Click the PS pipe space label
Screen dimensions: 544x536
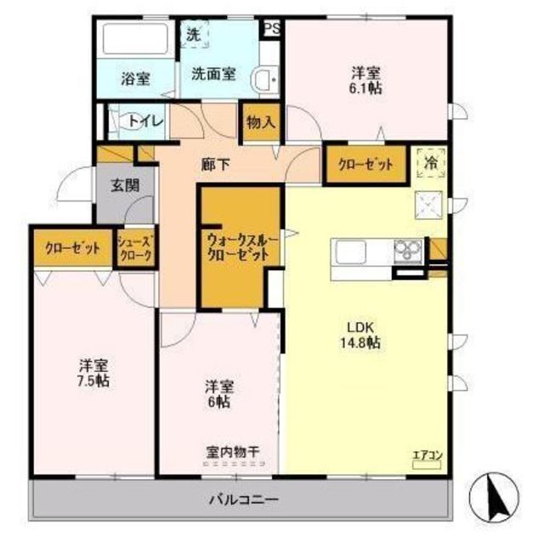click(272, 28)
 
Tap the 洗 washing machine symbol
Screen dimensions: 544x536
click(195, 34)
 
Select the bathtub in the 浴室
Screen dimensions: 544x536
click(135, 38)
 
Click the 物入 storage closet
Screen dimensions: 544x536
click(261, 122)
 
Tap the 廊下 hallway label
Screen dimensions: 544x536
click(215, 164)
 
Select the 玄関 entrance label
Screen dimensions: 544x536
click(125, 185)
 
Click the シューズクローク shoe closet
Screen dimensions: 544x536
click(135, 249)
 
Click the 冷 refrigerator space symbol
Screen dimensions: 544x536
click(431, 162)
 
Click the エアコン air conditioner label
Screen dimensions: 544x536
click(427, 454)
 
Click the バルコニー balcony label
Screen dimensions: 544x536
click(243, 499)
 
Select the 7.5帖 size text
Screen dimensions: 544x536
click(93, 381)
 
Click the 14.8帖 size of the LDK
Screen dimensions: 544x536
click(360, 342)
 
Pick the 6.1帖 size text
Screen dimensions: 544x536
click(365, 88)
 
